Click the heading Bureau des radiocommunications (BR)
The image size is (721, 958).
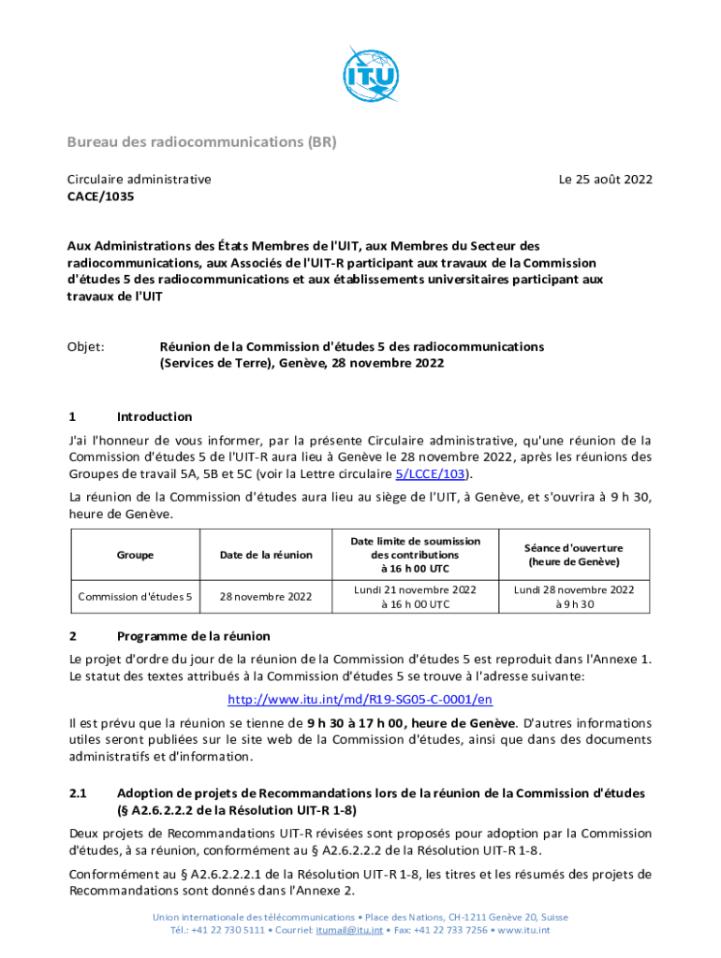click(x=200, y=142)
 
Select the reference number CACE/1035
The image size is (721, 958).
click(x=100, y=197)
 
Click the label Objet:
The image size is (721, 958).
click(x=85, y=346)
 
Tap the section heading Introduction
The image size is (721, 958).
click(x=154, y=416)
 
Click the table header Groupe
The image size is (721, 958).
click(x=136, y=555)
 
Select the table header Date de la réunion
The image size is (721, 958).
click(x=266, y=555)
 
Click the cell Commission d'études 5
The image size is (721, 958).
click(x=136, y=596)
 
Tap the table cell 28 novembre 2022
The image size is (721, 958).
click(x=266, y=596)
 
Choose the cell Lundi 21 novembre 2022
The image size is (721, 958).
click(x=415, y=589)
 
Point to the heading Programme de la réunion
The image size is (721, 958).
click(x=193, y=636)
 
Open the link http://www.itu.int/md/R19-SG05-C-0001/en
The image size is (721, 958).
click(x=360, y=700)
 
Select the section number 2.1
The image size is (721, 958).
click(x=79, y=793)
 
